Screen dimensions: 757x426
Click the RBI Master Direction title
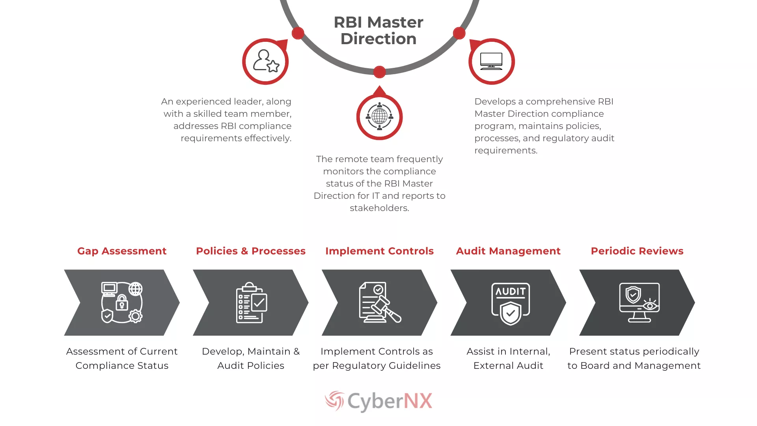tap(378, 30)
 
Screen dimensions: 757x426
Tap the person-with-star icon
tap(266, 61)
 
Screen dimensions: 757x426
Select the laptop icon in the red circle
tap(491, 61)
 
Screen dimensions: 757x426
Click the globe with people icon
tap(379, 116)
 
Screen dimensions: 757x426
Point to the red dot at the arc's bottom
tap(379, 72)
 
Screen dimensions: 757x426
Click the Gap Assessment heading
tap(122, 251)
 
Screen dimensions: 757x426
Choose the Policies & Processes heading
tap(251, 251)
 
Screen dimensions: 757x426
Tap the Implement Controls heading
tap(379, 251)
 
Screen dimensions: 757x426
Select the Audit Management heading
tap(508, 251)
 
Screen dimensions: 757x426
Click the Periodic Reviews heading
tap(637, 251)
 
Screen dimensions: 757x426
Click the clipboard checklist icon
tap(252, 303)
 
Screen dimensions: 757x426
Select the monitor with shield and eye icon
tap(639, 303)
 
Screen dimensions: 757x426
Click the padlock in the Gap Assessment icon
tap(122, 303)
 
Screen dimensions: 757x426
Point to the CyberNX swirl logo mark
tap(334, 401)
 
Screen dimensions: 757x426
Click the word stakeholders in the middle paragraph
tap(379, 208)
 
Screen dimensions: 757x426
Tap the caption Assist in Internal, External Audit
tap(508, 359)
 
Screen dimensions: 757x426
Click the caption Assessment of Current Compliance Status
tap(122, 359)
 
